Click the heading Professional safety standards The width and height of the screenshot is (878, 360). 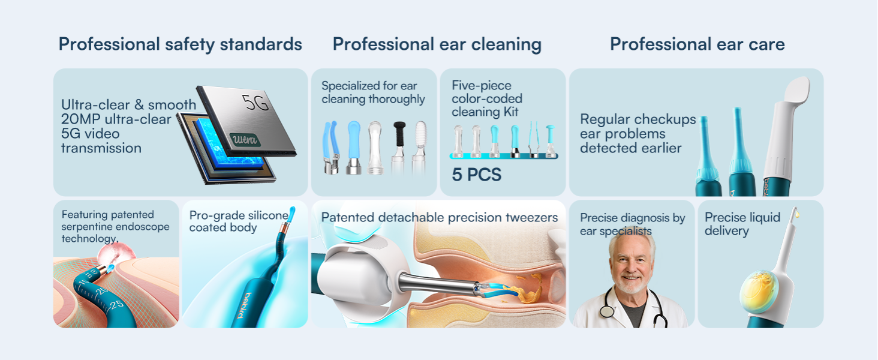point(180,44)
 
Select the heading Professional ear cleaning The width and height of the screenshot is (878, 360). point(437,44)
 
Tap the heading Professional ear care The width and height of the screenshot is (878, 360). point(697,44)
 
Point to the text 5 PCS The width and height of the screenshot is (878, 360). point(476,175)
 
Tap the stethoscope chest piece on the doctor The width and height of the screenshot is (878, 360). point(607,310)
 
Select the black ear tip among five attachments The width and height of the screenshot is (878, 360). point(399,133)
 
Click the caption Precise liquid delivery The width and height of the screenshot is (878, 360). point(742,224)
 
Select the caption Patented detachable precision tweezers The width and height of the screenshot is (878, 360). point(439,218)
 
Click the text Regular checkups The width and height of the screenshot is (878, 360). point(638,119)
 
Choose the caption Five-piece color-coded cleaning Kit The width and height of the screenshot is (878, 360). point(486,98)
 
